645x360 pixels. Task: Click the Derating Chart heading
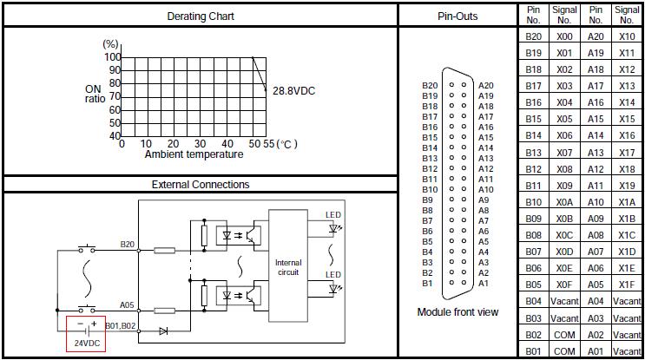click(201, 16)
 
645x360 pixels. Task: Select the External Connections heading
click(201, 184)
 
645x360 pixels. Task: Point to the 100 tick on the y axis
click(113, 57)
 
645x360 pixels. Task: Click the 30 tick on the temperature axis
click(201, 144)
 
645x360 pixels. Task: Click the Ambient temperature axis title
click(194, 154)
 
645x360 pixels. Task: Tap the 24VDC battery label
click(86, 344)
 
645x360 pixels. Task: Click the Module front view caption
click(457, 312)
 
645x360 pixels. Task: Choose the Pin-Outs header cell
click(457, 16)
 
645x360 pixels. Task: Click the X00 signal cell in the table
click(564, 36)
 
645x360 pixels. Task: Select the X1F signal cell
click(627, 284)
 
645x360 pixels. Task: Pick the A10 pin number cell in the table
click(596, 201)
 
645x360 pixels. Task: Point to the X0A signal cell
click(564, 201)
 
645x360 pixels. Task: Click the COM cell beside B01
click(564, 350)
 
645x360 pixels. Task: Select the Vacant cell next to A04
click(627, 301)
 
